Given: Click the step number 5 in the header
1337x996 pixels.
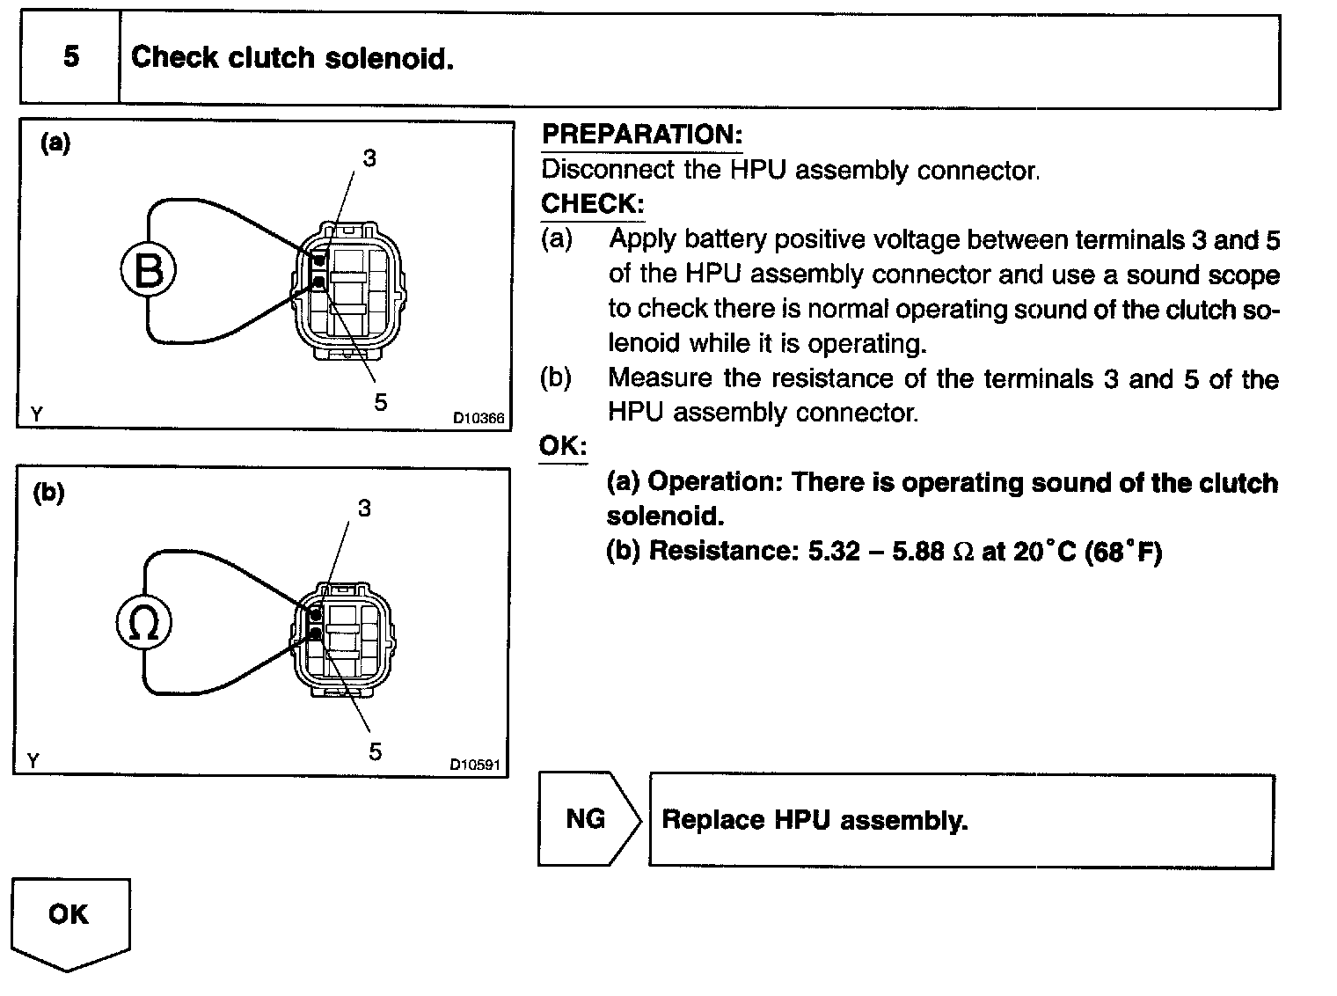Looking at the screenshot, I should click(70, 57).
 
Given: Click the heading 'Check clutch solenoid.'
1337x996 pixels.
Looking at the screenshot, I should click(292, 58).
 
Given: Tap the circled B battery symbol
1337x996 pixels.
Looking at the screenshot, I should click(148, 270).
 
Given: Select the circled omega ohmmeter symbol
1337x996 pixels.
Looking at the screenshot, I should click(143, 624).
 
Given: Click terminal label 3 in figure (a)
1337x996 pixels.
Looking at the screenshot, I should click(369, 158).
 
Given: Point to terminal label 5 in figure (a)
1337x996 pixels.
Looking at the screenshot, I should click(380, 402).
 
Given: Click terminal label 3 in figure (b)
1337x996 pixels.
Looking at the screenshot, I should click(364, 508).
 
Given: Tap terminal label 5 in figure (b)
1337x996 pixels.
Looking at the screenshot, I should click(376, 751).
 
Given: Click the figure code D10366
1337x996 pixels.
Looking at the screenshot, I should click(479, 419).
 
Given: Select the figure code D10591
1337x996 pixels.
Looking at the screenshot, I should click(475, 765).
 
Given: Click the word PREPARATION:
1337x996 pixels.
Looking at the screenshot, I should click(642, 135).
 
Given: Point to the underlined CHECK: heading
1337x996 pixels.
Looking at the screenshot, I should click(592, 203).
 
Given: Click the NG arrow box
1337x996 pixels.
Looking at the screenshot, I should click(586, 819).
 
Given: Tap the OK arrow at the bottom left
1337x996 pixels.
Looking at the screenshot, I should click(69, 919).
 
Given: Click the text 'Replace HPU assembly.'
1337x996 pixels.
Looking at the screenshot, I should click(815, 820).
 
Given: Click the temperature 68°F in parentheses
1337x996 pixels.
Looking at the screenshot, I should click(1123, 552).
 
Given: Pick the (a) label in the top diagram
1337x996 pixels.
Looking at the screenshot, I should click(55, 143).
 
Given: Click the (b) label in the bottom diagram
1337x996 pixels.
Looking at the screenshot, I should click(49, 493).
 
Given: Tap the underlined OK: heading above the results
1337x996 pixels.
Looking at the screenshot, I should click(563, 446).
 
